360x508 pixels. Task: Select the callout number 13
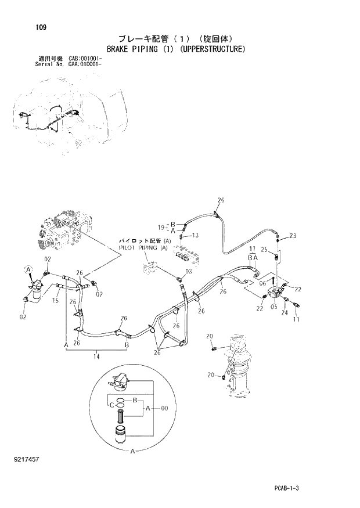point(195,235)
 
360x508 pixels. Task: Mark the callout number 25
point(264,250)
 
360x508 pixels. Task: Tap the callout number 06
point(262,283)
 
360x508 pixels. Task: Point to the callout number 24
point(285,312)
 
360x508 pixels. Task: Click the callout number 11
point(296,319)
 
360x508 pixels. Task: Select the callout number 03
point(188,272)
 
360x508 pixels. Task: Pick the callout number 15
point(56,300)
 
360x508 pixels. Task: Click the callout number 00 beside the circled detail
point(164,409)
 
